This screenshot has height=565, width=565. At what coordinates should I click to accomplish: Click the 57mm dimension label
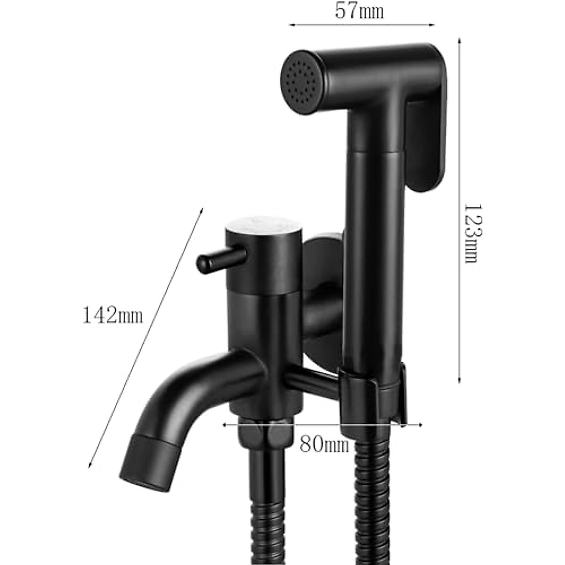(x=359, y=11)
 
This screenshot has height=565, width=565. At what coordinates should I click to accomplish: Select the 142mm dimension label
(x=113, y=315)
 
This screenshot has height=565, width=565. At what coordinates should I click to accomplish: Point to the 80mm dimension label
(x=324, y=444)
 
